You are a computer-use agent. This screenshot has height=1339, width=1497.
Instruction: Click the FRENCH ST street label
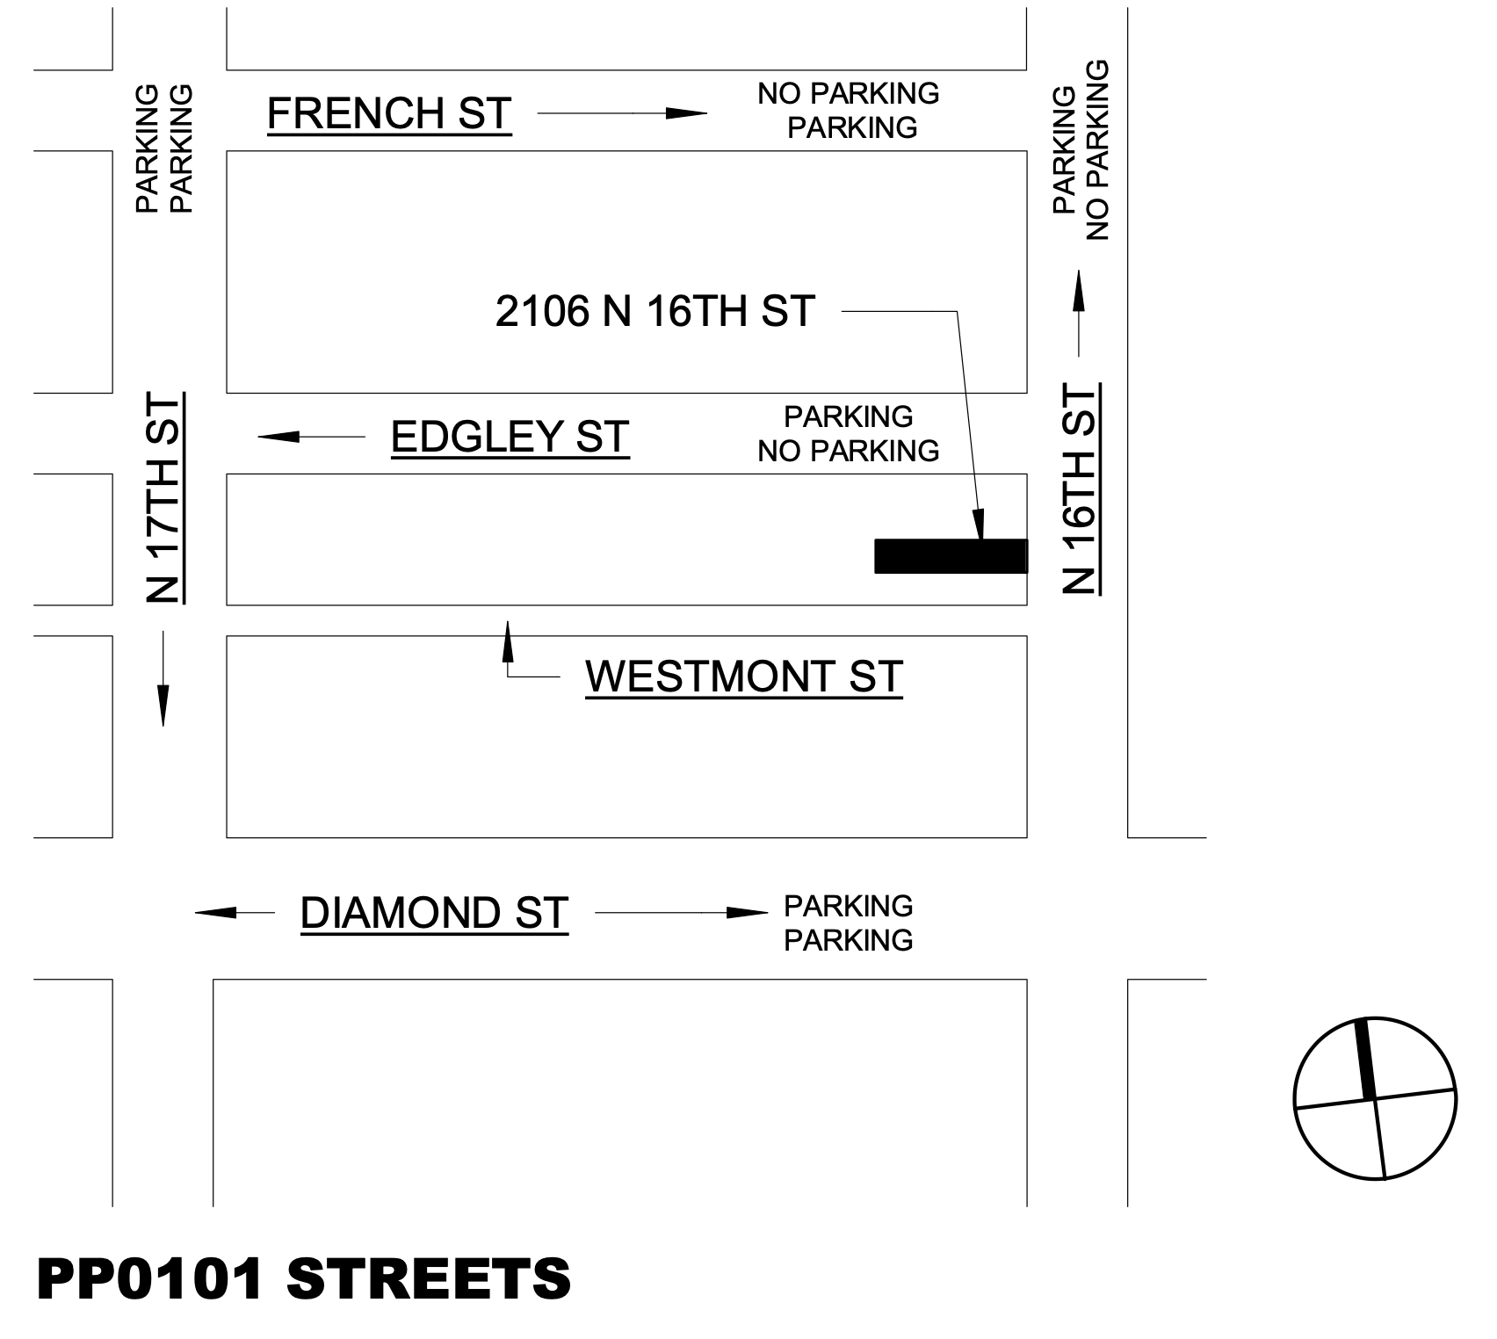(389, 113)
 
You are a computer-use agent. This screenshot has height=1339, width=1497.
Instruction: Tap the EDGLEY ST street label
(510, 437)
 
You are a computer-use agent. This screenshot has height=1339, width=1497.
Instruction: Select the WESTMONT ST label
(743, 677)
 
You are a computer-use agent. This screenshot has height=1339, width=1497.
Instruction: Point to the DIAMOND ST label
(434, 914)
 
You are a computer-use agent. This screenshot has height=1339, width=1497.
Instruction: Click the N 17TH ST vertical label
(163, 498)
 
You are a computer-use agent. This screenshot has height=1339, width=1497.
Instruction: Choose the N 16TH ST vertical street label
(1080, 489)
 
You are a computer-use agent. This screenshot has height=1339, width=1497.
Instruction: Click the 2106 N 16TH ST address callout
(654, 311)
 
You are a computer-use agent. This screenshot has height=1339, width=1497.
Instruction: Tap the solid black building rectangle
(951, 556)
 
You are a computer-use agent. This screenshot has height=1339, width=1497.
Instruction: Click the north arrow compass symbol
(1375, 1098)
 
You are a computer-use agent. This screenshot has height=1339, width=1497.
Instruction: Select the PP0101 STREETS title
(303, 1278)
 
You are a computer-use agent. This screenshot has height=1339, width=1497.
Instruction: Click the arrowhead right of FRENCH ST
(686, 113)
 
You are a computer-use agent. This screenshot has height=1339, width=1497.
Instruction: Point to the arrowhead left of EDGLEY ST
(278, 437)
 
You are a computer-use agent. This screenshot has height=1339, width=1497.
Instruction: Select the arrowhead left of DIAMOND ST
(216, 914)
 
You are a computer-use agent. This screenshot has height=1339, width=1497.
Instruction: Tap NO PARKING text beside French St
(848, 93)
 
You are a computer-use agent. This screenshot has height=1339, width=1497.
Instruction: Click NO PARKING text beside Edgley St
(848, 452)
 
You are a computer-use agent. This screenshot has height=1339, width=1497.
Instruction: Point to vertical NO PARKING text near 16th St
(1097, 149)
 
